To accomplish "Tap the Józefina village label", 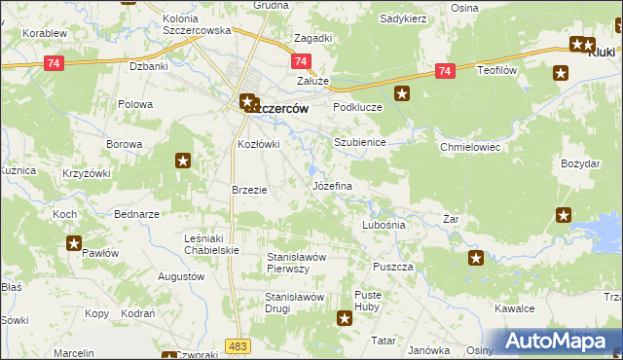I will pos(331,185).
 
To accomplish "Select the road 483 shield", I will pos(237,345).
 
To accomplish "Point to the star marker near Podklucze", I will pos(403,94).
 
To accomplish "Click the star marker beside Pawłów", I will pos(74,243).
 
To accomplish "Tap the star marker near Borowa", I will pos(182,162).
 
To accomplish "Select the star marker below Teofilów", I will pos(561,73).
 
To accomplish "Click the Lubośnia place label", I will pos(383,224).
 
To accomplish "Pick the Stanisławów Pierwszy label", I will pos(302,263).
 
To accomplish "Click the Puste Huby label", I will pos(368,300).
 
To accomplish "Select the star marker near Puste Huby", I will pos(345,318).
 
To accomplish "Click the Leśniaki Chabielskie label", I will pos(212,243).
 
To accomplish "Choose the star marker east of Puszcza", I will pos(476,258).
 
